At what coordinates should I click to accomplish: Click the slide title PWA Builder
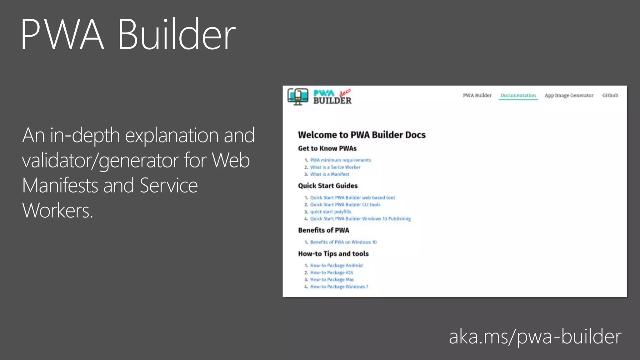point(128,34)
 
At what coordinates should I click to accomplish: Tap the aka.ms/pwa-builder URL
point(535,337)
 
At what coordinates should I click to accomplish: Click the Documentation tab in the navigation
point(518,95)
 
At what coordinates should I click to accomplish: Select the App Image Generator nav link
point(569,95)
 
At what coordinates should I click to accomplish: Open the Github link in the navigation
point(610,95)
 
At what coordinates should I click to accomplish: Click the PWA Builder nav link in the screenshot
point(477,95)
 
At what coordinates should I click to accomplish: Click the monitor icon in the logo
point(298,97)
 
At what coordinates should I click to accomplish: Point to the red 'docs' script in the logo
point(345,92)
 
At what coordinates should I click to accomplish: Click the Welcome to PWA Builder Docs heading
point(362,135)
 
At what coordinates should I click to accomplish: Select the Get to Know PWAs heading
point(327,148)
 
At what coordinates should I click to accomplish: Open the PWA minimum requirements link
point(340,160)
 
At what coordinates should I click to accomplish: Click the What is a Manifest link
point(329,174)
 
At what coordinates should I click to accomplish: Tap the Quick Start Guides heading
point(327,186)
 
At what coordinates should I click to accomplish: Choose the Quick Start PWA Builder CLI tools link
point(345,205)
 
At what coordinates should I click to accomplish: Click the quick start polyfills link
point(330,212)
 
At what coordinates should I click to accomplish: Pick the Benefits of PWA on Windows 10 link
point(343,242)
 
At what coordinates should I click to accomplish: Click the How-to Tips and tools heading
point(333,254)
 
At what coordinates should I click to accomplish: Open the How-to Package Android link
point(336,265)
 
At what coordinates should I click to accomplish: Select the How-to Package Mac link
point(332,279)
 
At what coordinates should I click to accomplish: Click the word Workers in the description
point(57,210)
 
